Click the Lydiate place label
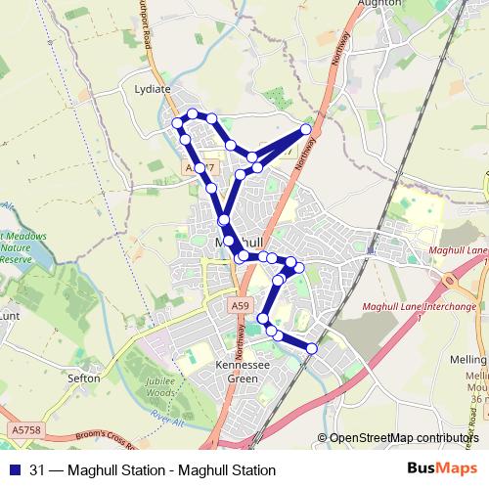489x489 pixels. (x=152, y=89)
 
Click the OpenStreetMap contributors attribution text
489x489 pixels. (x=404, y=439)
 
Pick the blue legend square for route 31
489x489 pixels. (x=14, y=469)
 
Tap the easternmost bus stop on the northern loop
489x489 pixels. (x=306, y=129)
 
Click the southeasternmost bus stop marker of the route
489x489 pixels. (x=312, y=348)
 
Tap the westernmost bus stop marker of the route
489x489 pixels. (x=177, y=123)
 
